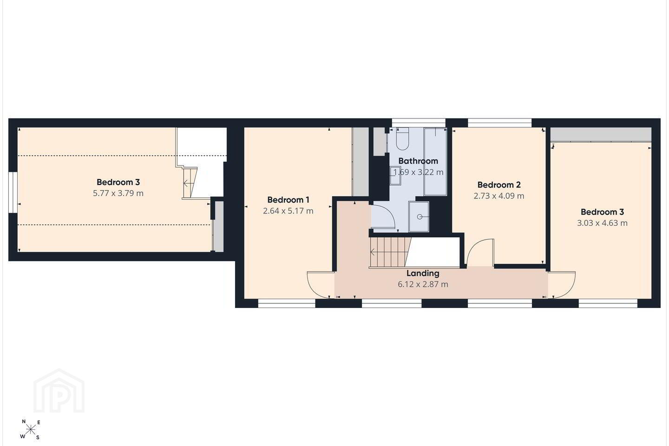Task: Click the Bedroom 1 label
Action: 288,200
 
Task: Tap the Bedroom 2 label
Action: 499,184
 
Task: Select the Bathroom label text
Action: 418,161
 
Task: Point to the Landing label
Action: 423,273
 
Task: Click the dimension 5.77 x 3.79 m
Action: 118,193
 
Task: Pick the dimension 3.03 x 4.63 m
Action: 602,223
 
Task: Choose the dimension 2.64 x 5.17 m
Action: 288,211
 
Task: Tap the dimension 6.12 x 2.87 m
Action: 423,284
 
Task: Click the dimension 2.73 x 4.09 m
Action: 499,196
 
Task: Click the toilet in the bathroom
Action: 402,138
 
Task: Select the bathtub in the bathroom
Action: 435,162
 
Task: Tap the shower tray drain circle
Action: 420,216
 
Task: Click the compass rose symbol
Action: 31,430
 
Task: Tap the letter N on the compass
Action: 24,421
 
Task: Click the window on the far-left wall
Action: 13,192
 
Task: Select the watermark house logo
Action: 59,391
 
